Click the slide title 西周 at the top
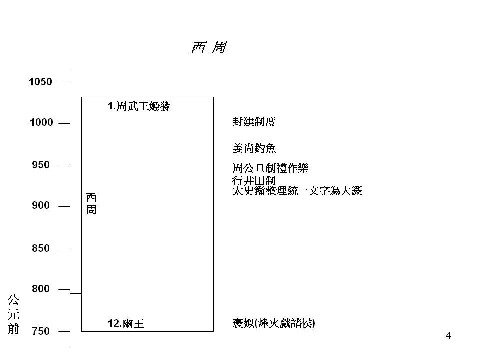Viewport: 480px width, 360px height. click(x=209, y=48)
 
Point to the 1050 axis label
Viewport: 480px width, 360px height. click(x=40, y=82)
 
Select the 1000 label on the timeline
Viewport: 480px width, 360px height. click(x=41, y=123)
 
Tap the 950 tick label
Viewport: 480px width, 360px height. click(x=41, y=165)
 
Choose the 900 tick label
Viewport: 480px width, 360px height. click(x=41, y=205)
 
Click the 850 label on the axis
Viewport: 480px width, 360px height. click(x=41, y=248)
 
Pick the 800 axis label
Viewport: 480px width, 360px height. click(x=41, y=288)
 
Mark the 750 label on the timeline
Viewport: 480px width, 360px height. click(x=41, y=331)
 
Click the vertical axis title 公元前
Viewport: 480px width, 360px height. click(x=13, y=314)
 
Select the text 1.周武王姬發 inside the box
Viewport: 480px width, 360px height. click(x=139, y=106)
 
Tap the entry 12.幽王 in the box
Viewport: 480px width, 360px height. click(x=126, y=323)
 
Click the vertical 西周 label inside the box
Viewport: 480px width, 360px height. click(x=91, y=204)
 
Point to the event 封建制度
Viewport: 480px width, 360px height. click(x=254, y=122)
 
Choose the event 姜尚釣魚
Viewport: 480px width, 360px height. click(x=254, y=148)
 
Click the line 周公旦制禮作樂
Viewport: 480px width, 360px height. click(x=270, y=168)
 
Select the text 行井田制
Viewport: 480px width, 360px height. click(x=254, y=180)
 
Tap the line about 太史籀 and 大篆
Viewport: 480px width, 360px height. click(x=297, y=191)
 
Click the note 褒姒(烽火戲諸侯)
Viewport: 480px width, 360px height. click(x=274, y=323)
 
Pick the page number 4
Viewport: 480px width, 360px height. click(x=448, y=336)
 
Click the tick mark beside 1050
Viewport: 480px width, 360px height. click(x=64, y=82)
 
